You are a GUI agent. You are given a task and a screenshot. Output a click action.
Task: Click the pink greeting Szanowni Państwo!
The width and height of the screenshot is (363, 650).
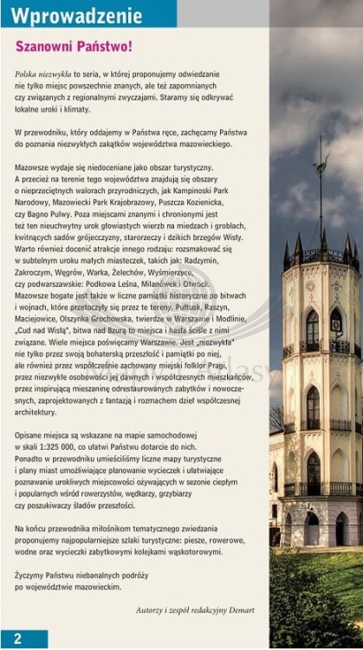click(74, 46)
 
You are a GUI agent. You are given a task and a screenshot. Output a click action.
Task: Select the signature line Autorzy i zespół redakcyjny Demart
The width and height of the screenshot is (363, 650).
click(195, 610)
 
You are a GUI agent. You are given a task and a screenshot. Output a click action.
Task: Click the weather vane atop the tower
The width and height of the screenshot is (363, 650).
click(321, 165)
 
